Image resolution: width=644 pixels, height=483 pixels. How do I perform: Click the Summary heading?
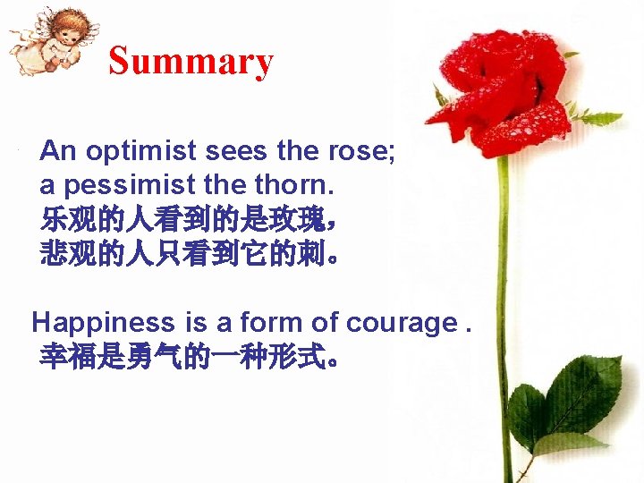click(191, 62)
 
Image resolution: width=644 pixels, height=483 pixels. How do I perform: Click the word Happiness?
click(104, 322)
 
